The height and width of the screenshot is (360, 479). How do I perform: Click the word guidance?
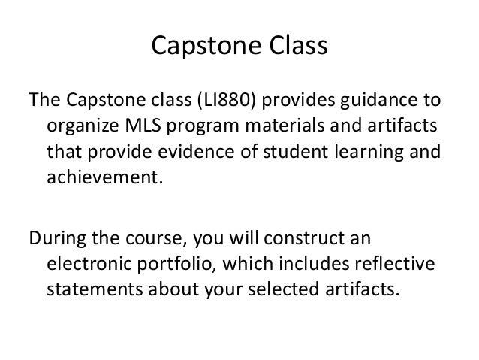pos(375,101)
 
